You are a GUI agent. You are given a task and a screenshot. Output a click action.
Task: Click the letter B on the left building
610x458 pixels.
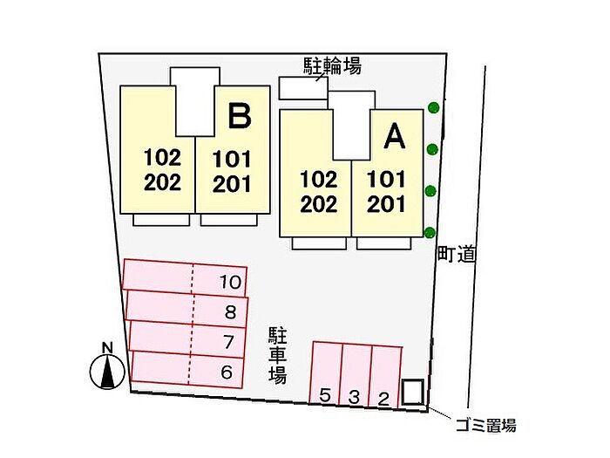click(x=241, y=116)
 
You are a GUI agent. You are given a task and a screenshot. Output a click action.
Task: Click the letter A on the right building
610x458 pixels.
click(x=394, y=136)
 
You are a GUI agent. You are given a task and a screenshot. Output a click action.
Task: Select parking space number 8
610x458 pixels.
click(x=230, y=311)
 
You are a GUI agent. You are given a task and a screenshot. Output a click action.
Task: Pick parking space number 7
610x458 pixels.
click(x=229, y=341)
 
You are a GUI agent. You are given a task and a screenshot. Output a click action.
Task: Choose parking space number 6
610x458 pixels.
click(x=227, y=372)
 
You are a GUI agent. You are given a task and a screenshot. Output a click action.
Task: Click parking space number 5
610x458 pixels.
click(x=325, y=396)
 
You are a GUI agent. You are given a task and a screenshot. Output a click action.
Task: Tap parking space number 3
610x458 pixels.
click(x=354, y=397)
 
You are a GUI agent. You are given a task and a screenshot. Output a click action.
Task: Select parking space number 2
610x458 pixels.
click(x=383, y=398)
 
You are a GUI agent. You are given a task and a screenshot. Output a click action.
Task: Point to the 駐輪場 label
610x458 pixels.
click(x=332, y=65)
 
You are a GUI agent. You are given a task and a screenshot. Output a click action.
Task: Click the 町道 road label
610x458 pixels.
click(x=456, y=254)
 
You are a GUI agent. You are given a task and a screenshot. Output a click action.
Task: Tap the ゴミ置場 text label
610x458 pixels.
click(x=485, y=426)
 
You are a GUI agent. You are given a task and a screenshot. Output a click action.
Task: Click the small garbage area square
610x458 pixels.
click(x=413, y=392)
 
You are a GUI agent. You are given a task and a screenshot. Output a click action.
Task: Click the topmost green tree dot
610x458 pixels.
click(x=433, y=108)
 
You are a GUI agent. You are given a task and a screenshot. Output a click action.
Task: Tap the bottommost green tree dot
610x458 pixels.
click(x=430, y=231)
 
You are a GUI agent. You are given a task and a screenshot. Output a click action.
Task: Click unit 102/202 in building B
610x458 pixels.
click(x=162, y=170)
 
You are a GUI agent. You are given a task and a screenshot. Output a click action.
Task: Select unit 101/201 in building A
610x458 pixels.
click(x=386, y=192)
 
